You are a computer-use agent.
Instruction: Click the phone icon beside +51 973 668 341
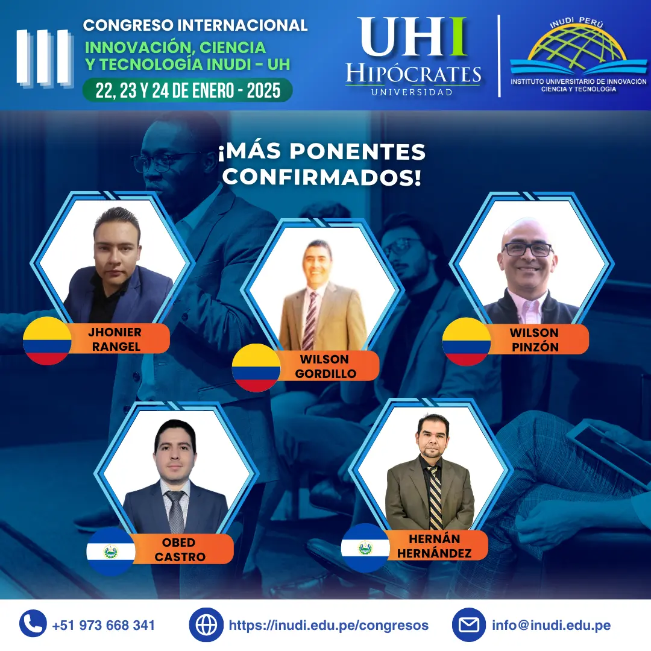(x=33, y=624)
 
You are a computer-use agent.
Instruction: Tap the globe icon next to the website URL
(x=206, y=624)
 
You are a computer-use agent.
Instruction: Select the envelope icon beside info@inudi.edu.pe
(x=469, y=624)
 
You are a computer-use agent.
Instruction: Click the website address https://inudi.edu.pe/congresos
(x=329, y=625)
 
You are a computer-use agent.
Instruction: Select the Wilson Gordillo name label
(x=325, y=366)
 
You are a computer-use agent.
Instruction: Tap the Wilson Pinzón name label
(x=534, y=339)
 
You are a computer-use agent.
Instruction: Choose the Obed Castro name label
(x=180, y=550)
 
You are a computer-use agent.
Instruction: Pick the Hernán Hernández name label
(x=435, y=546)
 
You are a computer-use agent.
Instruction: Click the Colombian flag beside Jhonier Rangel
(x=47, y=341)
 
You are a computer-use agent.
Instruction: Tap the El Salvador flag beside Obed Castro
(x=111, y=551)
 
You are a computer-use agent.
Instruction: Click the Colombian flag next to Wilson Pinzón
(x=466, y=342)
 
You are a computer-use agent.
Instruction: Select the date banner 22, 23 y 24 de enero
(x=187, y=90)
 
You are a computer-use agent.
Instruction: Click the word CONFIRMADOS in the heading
(x=322, y=178)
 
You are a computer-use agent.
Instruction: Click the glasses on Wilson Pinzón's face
(x=527, y=249)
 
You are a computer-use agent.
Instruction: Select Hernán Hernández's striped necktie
(x=435, y=498)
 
